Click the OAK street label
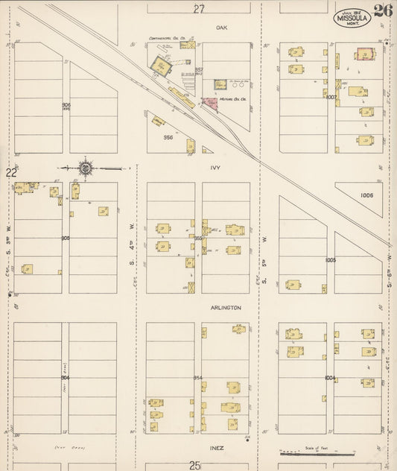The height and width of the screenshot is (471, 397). (x=220, y=28)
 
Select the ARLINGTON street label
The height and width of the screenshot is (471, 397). (x=226, y=307)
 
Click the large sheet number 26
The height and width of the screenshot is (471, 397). (x=384, y=10)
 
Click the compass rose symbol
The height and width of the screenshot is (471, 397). (x=86, y=168)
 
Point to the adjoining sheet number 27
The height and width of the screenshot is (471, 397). (x=198, y=9)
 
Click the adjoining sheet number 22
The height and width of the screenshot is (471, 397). (x=11, y=173)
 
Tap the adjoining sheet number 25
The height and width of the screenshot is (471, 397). (x=195, y=465)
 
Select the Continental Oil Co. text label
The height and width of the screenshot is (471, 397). (x=166, y=38)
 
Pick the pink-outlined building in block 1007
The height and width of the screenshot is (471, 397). (x=365, y=54)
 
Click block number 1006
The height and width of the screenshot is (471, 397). (x=365, y=195)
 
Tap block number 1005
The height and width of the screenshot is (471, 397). (x=331, y=260)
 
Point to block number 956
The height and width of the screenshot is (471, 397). (x=168, y=137)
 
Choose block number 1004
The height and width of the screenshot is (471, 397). (x=331, y=378)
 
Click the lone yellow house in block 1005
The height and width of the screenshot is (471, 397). (x=293, y=285)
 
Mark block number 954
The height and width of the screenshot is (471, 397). (x=198, y=378)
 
